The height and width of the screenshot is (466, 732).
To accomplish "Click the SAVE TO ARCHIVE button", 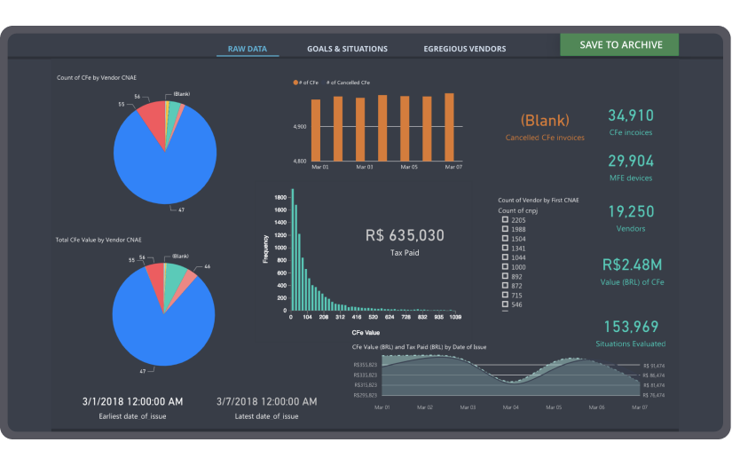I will (618, 45).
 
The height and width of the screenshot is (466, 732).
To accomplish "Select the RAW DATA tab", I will (248, 49).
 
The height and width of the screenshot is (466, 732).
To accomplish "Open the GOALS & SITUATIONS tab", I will (347, 49).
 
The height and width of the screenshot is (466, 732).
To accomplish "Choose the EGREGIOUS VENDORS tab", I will (465, 49).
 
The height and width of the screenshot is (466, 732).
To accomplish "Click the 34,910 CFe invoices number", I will (630, 115).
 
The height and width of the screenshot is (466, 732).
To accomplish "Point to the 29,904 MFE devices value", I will (630, 161).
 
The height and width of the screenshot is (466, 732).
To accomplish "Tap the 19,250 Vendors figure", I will (631, 211).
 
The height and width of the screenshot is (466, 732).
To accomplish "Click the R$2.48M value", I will (631, 265).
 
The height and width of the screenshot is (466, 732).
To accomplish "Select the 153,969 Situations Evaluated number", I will (631, 326).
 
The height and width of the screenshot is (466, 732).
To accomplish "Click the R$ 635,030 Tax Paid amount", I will (405, 235).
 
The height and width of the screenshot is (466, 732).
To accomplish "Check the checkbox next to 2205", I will (505, 220).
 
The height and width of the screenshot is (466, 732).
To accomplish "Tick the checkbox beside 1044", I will (505, 257).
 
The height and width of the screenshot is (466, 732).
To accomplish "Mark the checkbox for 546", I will (505, 304).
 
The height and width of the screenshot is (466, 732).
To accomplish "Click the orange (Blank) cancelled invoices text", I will (545, 120).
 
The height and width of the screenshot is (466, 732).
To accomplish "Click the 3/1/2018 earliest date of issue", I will (131, 401).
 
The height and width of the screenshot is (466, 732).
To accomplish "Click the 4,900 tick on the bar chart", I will (299, 127).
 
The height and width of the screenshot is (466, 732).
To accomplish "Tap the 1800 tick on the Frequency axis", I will (279, 196).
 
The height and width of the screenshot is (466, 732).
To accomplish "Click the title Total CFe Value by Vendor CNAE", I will (98, 240).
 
